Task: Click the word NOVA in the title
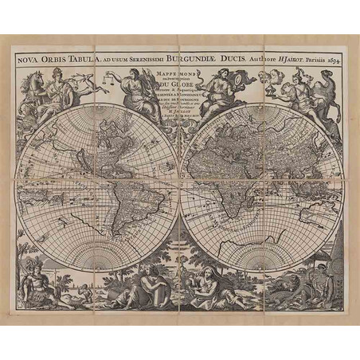(26, 57)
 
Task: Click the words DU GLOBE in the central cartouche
(179, 101)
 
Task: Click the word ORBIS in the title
(55, 57)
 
